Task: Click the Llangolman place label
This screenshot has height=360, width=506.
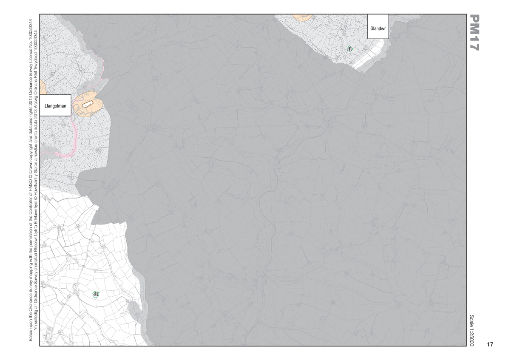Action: (x=56, y=106)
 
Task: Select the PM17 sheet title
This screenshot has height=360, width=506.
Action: (x=474, y=33)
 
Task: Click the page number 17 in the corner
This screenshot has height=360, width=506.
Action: (x=490, y=344)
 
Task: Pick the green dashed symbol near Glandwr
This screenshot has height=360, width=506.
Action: (x=350, y=49)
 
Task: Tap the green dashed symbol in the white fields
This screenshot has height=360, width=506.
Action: (x=95, y=294)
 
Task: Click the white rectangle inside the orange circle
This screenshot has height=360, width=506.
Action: (x=88, y=103)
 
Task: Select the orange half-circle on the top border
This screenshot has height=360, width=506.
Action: (x=302, y=17)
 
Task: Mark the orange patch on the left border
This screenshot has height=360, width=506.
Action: (x=43, y=88)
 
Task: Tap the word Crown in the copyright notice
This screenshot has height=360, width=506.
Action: (x=31, y=139)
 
